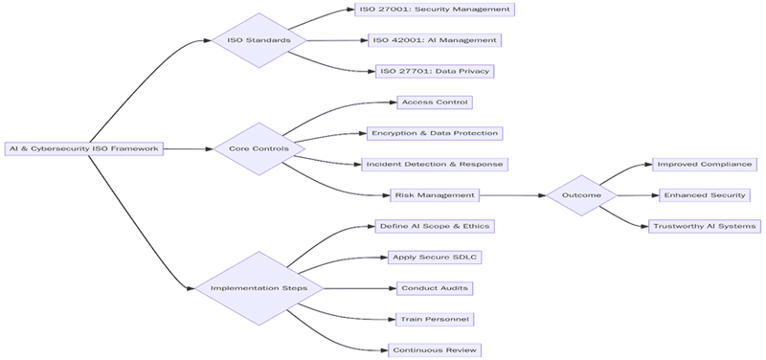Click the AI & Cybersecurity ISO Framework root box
(x=83, y=148)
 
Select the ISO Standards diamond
(x=259, y=40)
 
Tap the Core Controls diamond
(x=259, y=148)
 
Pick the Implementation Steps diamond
(x=259, y=288)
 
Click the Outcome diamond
(x=581, y=195)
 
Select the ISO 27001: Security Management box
(x=434, y=10)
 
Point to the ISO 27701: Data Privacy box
(x=435, y=71)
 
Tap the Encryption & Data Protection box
(x=434, y=133)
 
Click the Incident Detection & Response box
(x=434, y=165)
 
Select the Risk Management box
(x=434, y=195)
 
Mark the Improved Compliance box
(x=705, y=165)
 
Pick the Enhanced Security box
(x=705, y=195)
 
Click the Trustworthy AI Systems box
(x=705, y=226)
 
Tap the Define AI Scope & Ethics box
(x=434, y=226)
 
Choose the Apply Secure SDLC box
(x=434, y=257)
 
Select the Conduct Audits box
(x=434, y=288)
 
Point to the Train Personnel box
(x=434, y=319)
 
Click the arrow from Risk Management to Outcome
(x=512, y=195)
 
